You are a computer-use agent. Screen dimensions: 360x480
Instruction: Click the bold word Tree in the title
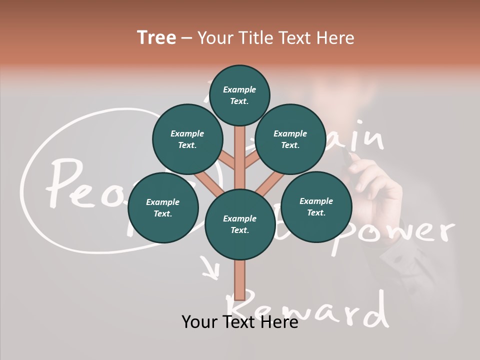pyautogui.click(x=156, y=38)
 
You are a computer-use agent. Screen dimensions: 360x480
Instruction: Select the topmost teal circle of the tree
pyautogui.click(x=239, y=95)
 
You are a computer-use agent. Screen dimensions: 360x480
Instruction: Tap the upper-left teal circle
pyautogui.click(x=187, y=139)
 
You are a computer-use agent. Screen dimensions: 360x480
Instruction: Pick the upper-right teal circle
pyautogui.click(x=290, y=139)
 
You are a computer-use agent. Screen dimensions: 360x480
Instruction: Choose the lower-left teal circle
pyautogui.click(x=163, y=207)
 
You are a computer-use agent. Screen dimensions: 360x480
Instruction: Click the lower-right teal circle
pyautogui.click(x=316, y=206)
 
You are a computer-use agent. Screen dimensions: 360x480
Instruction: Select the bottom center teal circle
pyautogui.click(x=240, y=224)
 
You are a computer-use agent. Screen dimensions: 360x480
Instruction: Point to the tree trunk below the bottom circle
pyautogui.click(x=240, y=280)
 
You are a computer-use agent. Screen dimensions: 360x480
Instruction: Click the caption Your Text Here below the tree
pyautogui.click(x=240, y=322)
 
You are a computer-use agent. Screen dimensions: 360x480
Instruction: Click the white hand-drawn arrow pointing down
pyautogui.click(x=210, y=267)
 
